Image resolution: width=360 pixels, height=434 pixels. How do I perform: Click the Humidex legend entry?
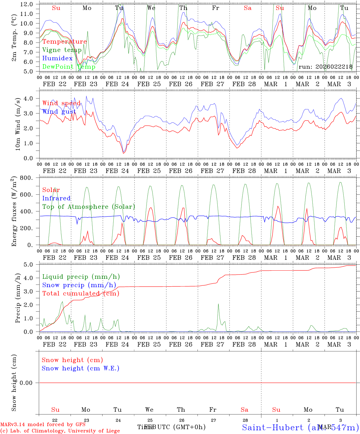coord(58,58)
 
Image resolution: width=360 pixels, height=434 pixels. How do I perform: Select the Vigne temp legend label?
coord(62,50)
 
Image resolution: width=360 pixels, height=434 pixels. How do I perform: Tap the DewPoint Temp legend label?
coord(69,67)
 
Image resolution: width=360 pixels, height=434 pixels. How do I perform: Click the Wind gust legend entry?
coord(59,112)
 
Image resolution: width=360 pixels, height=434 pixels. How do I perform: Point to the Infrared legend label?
coord(56,198)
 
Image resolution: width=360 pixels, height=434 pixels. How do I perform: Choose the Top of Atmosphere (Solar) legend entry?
coord(89,207)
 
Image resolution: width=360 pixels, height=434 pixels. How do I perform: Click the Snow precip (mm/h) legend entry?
coord(79,285)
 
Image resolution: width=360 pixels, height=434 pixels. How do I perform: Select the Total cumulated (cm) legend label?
coord(81,293)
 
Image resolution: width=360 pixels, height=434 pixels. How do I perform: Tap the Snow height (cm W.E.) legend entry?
coord(81,368)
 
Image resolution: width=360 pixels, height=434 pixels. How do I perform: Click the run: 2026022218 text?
coord(325,67)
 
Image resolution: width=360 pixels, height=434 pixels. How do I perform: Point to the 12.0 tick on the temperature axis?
coord(27,4)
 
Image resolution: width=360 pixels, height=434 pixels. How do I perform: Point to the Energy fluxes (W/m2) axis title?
coord(14,212)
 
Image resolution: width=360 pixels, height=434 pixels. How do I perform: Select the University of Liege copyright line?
coord(60,431)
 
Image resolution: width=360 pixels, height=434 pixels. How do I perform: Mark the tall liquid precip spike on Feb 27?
coord(218,304)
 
